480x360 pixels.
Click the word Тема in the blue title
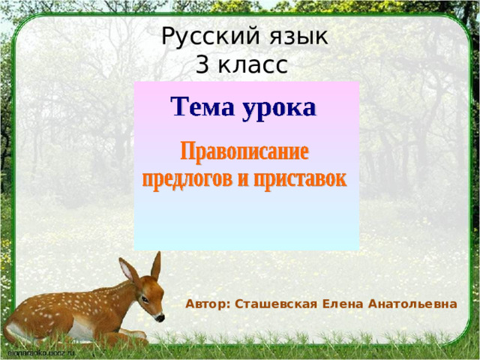coord(201,107)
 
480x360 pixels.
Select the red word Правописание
coord(244,154)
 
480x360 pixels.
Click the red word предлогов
coord(190,180)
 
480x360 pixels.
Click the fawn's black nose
coord(160,318)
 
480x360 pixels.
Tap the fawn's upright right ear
coord(156,265)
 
